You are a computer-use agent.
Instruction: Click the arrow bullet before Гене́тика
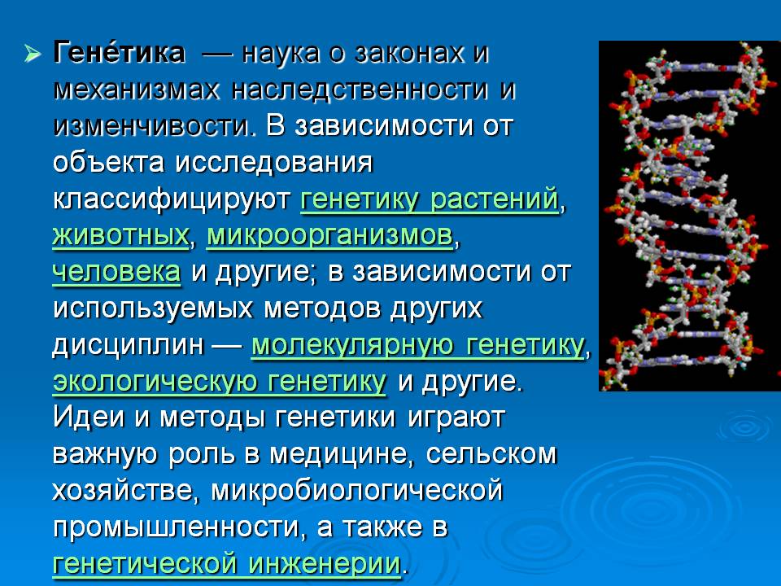pos(33,54)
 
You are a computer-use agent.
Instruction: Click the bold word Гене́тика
pos(119,52)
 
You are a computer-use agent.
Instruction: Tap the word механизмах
pos(136,90)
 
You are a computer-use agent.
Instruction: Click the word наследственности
pos(359,90)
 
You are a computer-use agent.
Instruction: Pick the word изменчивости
pos(152,127)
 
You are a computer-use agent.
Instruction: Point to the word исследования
pos(274,164)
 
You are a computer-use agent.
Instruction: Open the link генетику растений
pos(430,200)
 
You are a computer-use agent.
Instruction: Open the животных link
pos(120,236)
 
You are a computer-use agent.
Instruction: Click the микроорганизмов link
pos(329,237)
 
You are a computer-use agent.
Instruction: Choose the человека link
pos(116,273)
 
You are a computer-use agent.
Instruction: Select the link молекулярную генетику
pos(418,345)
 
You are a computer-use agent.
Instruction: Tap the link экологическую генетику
pos(219,382)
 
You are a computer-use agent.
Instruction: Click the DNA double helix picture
pos(690,216)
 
